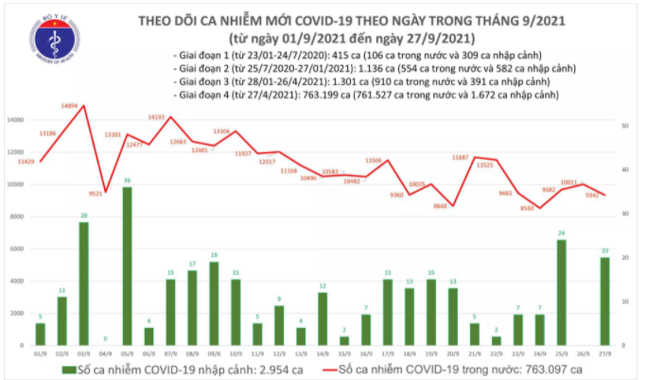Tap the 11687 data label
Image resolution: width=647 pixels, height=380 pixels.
(x=461, y=156)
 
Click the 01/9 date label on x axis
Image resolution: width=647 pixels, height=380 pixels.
(x=40, y=349)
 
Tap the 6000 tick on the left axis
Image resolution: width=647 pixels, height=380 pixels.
(x=21, y=249)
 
